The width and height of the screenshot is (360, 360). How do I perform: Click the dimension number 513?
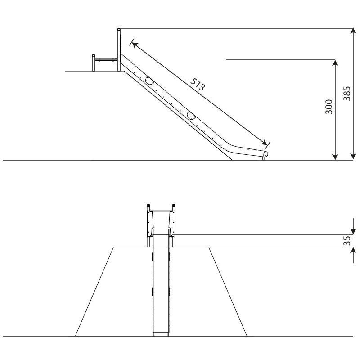click(x=197, y=84)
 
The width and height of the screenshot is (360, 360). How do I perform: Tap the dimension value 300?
click(x=329, y=107)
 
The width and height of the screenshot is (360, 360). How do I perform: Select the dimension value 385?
click(x=346, y=94)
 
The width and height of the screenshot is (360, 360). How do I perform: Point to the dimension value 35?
click(x=346, y=241)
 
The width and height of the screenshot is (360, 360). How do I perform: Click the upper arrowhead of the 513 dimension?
click(x=135, y=45)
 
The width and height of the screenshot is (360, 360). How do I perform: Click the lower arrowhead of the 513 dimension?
click(x=264, y=142)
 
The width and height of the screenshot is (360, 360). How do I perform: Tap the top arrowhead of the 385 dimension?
click(x=353, y=31)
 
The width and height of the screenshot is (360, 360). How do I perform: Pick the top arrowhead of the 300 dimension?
click(x=335, y=63)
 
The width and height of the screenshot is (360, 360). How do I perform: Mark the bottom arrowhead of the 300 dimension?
click(x=335, y=157)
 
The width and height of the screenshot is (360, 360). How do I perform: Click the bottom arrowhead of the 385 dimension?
click(x=353, y=157)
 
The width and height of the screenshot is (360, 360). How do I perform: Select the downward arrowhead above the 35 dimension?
click(x=353, y=231)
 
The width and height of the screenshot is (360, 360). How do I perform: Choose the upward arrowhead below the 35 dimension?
click(x=353, y=251)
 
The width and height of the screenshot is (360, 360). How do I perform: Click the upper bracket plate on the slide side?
click(x=149, y=81)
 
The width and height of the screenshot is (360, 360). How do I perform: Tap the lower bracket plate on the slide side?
click(x=191, y=116)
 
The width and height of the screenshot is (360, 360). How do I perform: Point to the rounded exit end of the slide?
click(x=265, y=153)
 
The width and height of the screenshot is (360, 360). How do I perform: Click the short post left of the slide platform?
click(x=94, y=63)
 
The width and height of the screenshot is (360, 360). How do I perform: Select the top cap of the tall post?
click(x=119, y=30)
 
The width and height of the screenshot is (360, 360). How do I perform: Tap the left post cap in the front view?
click(x=148, y=205)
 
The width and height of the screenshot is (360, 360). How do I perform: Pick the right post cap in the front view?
click(x=174, y=205)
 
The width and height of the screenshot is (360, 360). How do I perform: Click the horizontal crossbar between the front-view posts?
click(x=161, y=210)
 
